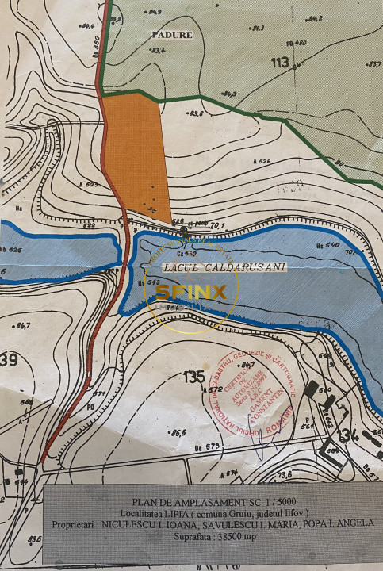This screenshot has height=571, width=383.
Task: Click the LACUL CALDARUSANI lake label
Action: coord(223,268)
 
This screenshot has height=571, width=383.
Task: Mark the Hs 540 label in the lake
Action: coord(327,245)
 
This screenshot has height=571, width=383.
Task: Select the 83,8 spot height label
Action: coord(194,113)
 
